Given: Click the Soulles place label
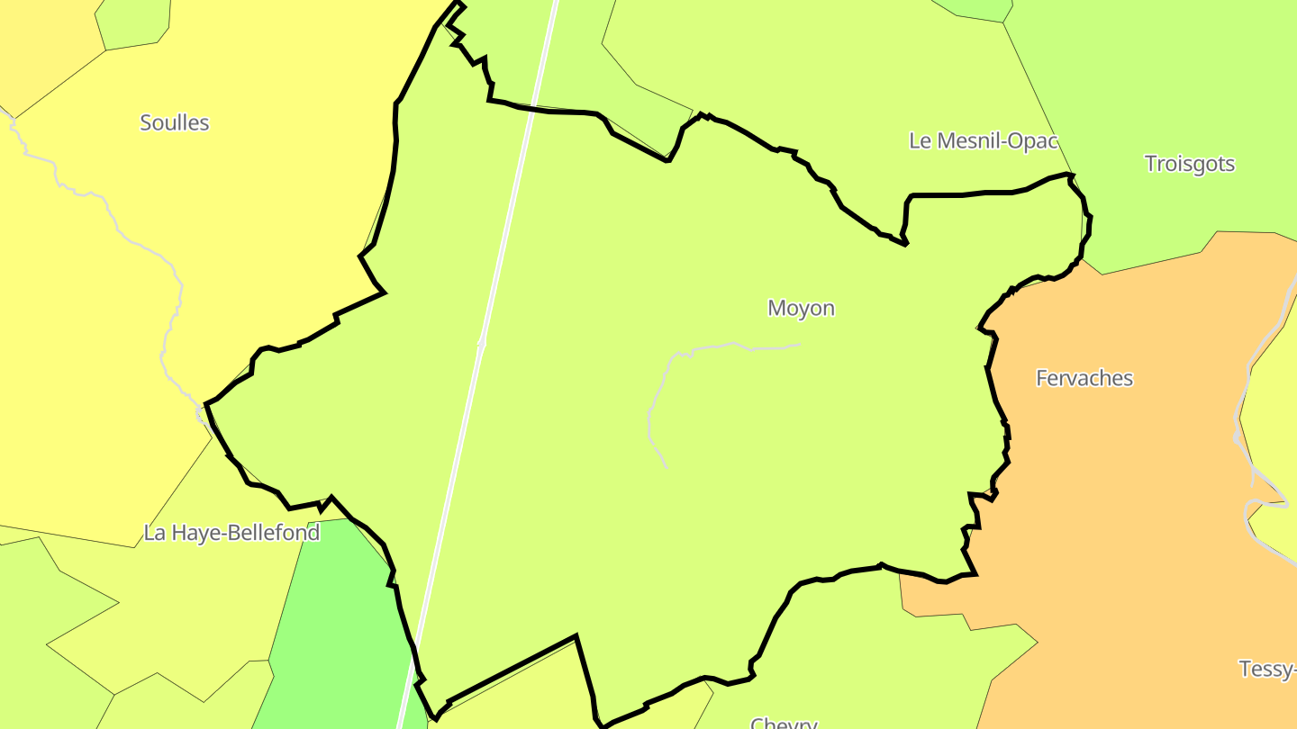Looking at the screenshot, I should click(x=175, y=123).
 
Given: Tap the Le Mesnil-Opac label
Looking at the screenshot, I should click(x=983, y=141).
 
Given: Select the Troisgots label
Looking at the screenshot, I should click(x=1189, y=164).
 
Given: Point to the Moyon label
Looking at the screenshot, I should click(x=801, y=309).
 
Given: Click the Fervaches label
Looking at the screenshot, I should click(x=1084, y=378).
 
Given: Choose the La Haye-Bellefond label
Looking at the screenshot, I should click(x=231, y=533).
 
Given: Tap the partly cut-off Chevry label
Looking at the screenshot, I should click(x=784, y=722).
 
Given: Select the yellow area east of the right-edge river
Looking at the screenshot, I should click(x=1274, y=405).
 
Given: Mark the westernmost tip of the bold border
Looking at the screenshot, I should click(x=206, y=405).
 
